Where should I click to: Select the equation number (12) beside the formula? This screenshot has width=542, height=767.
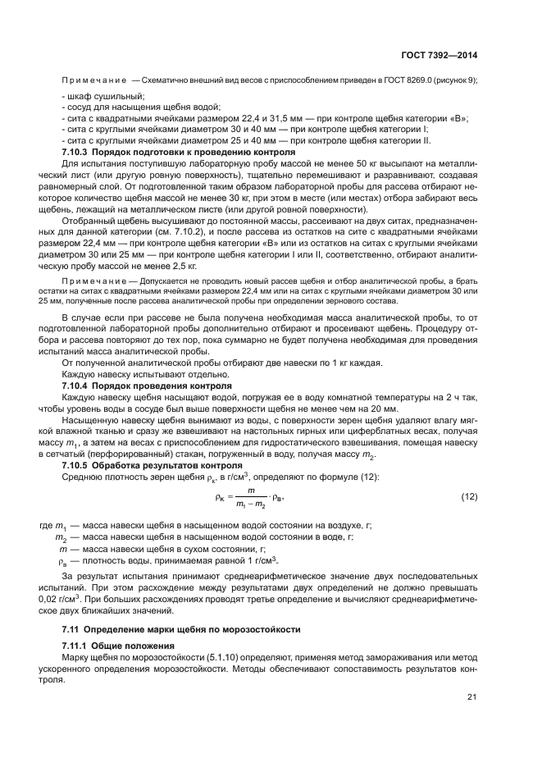click(x=469, y=497)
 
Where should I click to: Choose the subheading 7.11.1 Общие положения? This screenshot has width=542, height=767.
click(x=119, y=646)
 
